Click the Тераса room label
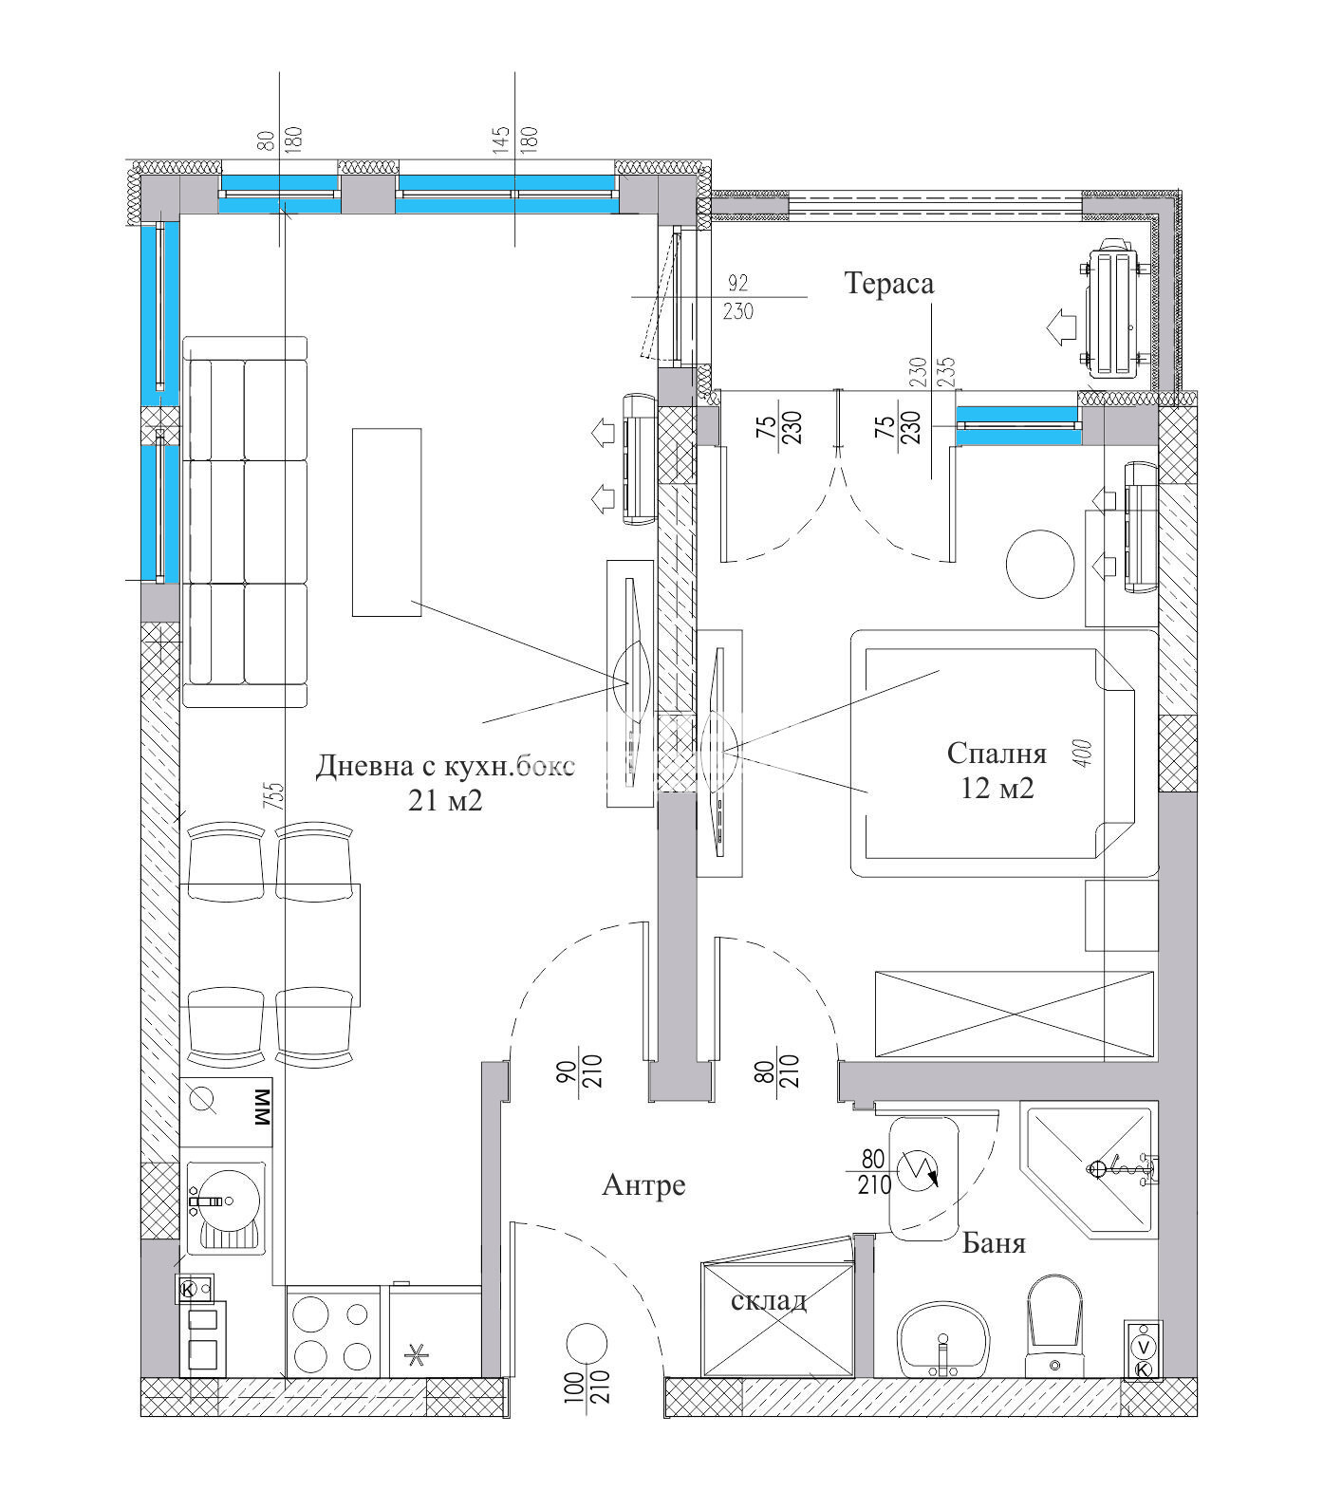889,284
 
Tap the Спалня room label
997,754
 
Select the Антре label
643,1185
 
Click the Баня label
994,1243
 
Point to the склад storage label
769,1300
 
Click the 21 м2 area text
445,801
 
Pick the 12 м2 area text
997,789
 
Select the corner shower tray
1090,1170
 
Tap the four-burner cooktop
331,1332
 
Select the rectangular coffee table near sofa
387,522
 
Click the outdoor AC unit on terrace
1117,307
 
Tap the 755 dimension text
273,795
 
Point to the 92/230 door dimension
737,297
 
